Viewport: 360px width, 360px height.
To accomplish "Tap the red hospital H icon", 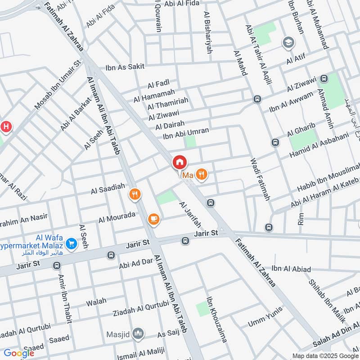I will pyautogui.click(x=6, y=126).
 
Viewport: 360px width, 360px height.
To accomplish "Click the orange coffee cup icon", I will pyautogui.click(x=153, y=219).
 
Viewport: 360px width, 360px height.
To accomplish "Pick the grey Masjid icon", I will pyautogui.click(x=139, y=333).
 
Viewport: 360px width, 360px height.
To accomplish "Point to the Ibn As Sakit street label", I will pyautogui.click(x=125, y=67).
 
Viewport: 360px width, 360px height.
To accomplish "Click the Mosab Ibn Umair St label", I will pyautogui.click(x=57, y=85).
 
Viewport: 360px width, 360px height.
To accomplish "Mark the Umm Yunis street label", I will pyautogui.click(x=265, y=317).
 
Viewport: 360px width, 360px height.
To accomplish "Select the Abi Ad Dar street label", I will pyautogui.click(x=136, y=262).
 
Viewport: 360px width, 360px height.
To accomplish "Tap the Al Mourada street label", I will pyautogui.click(x=117, y=217).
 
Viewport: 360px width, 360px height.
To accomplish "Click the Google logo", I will pyautogui.click(x=19, y=353).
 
